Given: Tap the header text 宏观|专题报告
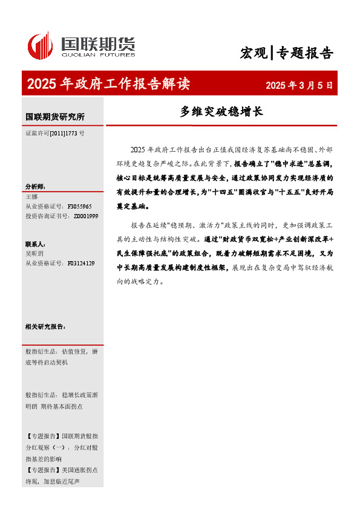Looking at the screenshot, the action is pyautogui.click(x=286, y=53).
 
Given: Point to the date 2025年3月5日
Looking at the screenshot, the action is pyautogui.click(x=299, y=85).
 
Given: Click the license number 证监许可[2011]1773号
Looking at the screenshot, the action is pyautogui.click(x=54, y=132).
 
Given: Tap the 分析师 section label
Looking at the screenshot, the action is pyautogui.click(x=35, y=187).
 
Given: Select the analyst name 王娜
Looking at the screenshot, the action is pyautogui.click(x=32, y=196).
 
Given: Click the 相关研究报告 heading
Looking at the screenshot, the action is pyautogui.click(x=45, y=326).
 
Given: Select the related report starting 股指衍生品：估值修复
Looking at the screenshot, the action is pyautogui.click(x=61, y=356).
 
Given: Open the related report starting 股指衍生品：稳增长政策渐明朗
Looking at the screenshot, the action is pyautogui.click(x=61, y=400).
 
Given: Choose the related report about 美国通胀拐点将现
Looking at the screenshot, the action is pyautogui.click(x=61, y=476).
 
